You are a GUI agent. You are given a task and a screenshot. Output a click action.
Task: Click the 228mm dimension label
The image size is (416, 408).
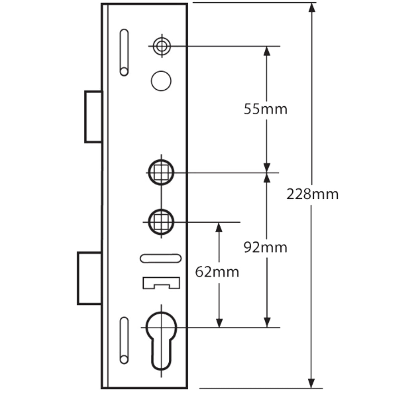click(312, 194)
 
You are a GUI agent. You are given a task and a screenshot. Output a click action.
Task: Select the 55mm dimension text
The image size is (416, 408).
click(266, 109)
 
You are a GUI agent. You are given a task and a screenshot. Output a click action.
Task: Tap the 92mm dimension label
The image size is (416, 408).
click(266, 248)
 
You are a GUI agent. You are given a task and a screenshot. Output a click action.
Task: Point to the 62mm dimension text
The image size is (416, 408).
click(217, 272)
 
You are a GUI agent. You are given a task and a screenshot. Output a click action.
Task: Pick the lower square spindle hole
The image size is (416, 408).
click(161, 221)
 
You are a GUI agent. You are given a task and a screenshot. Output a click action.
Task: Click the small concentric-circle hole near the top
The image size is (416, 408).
click(162, 46)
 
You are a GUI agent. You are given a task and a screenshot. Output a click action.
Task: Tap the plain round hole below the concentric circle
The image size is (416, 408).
click(161, 81)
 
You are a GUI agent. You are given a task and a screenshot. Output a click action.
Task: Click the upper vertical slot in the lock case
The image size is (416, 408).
click(124, 52)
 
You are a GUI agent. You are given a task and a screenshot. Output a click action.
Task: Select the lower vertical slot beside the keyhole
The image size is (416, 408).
click(124, 340)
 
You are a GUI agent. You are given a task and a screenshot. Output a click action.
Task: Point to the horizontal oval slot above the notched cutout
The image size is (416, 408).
click(160, 258)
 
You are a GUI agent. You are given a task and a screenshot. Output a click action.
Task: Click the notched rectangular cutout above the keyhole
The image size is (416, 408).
click(161, 283)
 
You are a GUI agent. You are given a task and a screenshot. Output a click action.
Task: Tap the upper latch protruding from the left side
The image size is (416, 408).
click(94, 117)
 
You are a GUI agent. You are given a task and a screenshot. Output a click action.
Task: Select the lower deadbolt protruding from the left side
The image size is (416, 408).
click(90, 278)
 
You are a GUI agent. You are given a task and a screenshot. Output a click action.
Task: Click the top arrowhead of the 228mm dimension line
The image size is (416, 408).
click(312, 7)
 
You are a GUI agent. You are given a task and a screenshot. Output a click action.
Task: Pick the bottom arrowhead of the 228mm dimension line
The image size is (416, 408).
click(312, 383)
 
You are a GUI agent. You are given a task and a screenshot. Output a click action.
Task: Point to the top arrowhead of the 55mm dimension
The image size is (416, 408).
click(267, 51)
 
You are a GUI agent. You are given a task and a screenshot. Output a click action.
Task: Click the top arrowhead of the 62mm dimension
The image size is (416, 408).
click(219, 227)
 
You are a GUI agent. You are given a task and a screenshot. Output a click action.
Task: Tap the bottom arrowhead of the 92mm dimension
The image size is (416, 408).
click(267, 322)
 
